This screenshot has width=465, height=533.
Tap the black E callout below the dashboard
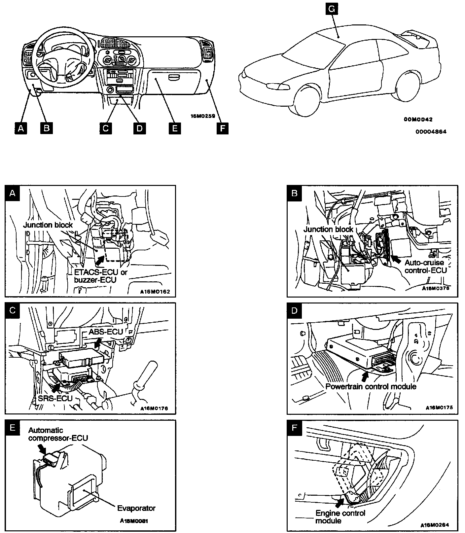(x=174, y=128)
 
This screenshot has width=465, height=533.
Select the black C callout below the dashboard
(x=106, y=128)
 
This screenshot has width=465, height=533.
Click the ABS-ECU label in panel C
(x=105, y=332)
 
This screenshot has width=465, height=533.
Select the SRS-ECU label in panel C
(x=55, y=398)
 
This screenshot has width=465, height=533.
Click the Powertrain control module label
(x=371, y=386)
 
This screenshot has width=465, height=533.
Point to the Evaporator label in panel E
(x=136, y=508)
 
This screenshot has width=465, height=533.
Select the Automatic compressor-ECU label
(x=58, y=434)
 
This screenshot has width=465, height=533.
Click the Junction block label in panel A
(x=48, y=225)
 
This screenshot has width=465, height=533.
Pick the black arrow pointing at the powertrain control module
(x=365, y=375)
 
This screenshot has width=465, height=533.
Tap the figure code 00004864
(x=431, y=132)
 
